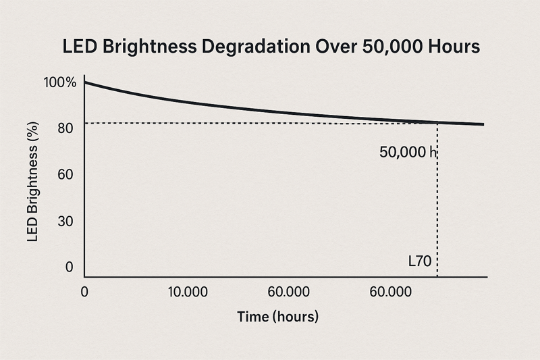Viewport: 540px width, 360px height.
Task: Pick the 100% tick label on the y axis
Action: pos(59,82)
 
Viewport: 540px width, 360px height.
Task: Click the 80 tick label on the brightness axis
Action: pos(65,128)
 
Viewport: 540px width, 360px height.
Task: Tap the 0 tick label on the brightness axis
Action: pos(69,267)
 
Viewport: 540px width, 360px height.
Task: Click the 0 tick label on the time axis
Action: pos(84,292)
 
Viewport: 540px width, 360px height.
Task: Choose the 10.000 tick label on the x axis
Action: pos(190,292)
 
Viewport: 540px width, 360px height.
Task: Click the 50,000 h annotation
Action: pos(408,153)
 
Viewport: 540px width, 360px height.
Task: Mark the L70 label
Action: pos(420,261)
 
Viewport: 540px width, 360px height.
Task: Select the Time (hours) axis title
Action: pos(277,316)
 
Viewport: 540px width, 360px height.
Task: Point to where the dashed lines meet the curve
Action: pos(437,122)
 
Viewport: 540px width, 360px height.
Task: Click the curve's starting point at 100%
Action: pos(85,82)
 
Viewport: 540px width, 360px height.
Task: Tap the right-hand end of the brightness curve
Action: pos(483,124)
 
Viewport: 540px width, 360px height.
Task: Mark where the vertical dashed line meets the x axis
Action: pos(437,276)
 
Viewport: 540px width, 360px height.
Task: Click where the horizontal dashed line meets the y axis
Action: pos(85,123)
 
